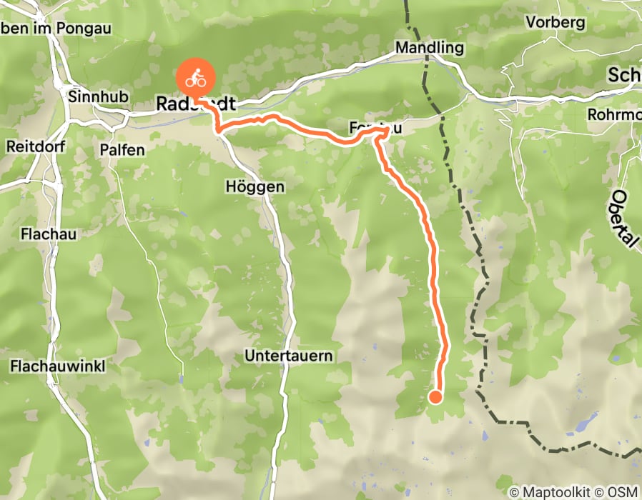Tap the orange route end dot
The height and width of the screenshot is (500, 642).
pyautogui.click(x=435, y=397)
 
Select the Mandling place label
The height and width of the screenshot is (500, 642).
pyautogui.click(x=430, y=48)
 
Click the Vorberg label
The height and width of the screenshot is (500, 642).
pyautogui.click(x=555, y=21)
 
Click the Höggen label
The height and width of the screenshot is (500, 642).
pyautogui.click(x=255, y=186)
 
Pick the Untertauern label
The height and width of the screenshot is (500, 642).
pyautogui.click(x=289, y=355)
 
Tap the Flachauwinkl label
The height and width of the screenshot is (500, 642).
pyautogui.click(x=58, y=366)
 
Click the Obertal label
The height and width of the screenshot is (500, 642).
pyautogui.click(x=624, y=219)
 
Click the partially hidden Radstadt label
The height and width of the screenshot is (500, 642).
pyautogui.click(x=195, y=104)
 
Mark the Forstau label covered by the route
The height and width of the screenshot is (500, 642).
pyautogui.click(x=372, y=129)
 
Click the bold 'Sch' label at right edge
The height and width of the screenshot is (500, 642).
pyautogui.click(x=623, y=75)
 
